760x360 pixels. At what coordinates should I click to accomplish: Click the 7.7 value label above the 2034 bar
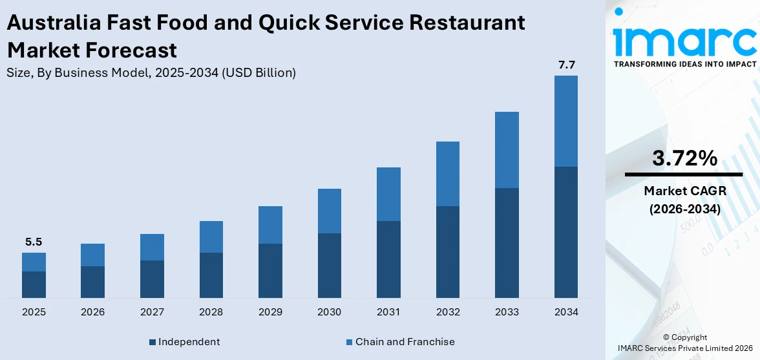(x=566, y=65)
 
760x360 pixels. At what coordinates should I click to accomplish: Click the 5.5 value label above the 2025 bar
(x=34, y=242)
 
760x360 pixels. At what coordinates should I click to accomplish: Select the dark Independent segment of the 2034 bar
(x=566, y=232)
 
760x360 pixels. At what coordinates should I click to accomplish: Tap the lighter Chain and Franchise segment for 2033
(x=507, y=150)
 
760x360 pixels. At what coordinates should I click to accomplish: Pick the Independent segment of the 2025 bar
(x=34, y=284)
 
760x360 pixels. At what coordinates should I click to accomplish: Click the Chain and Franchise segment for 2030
(x=330, y=211)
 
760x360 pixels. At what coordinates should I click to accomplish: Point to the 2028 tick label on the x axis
(x=211, y=312)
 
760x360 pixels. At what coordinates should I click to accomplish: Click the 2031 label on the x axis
(x=388, y=312)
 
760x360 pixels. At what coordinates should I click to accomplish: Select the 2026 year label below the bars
(x=93, y=312)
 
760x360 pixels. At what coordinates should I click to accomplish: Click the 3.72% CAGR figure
(x=684, y=158)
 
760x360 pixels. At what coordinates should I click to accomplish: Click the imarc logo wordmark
(x=684, y=39)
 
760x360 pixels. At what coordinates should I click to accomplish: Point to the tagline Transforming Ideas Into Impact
(x=684, y=64)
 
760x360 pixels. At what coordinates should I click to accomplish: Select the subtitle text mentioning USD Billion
(x=151, y=73)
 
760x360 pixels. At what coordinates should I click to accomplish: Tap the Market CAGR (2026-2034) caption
(x=684, y=200)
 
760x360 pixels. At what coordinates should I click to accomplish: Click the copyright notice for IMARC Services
(x=684, y=343)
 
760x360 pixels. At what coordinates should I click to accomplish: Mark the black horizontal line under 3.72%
(x=684, y=175)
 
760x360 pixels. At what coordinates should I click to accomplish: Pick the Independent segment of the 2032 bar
(x=448, y=252)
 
